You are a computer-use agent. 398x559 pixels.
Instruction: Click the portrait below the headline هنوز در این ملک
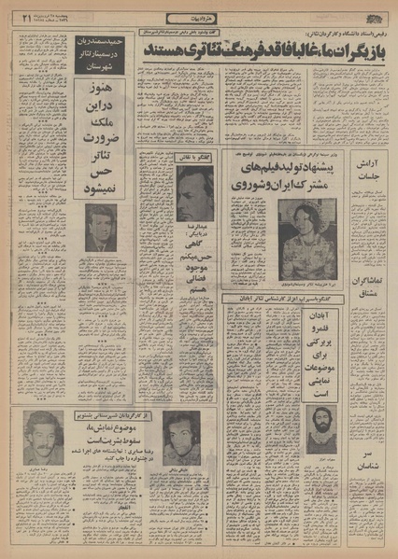pos(101,228)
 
